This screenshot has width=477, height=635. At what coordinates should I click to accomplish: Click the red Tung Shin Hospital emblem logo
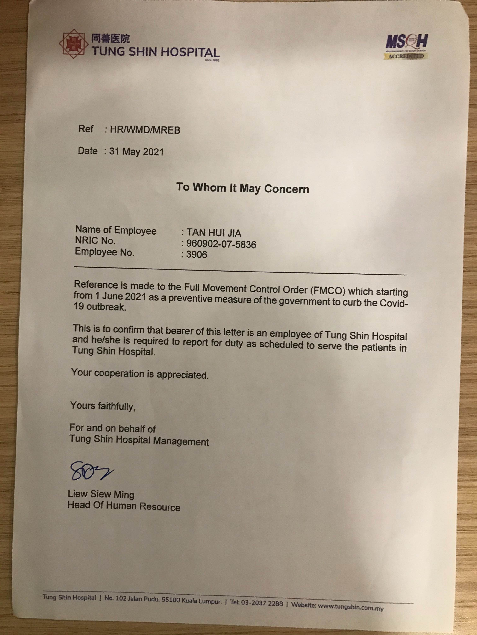pyautogui.click(x=74, y=45)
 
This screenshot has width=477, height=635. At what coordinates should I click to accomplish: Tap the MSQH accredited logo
pyautogui.click(x=406, y=46)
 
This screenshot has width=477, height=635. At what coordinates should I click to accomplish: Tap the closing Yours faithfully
pyautogui.click(x=103, y=406)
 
